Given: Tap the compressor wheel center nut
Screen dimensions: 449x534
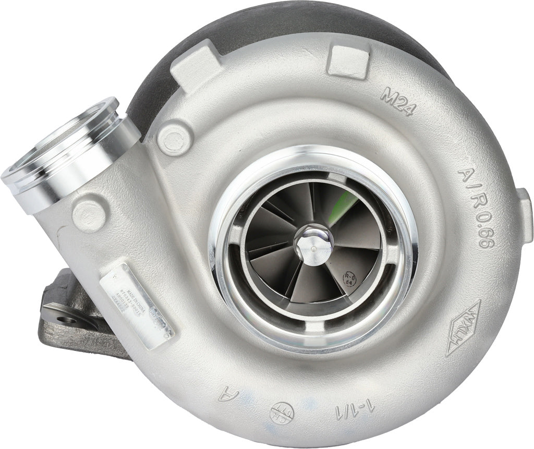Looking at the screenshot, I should coord(313,241).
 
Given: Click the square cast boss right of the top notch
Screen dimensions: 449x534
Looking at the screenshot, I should coord(349,62).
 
